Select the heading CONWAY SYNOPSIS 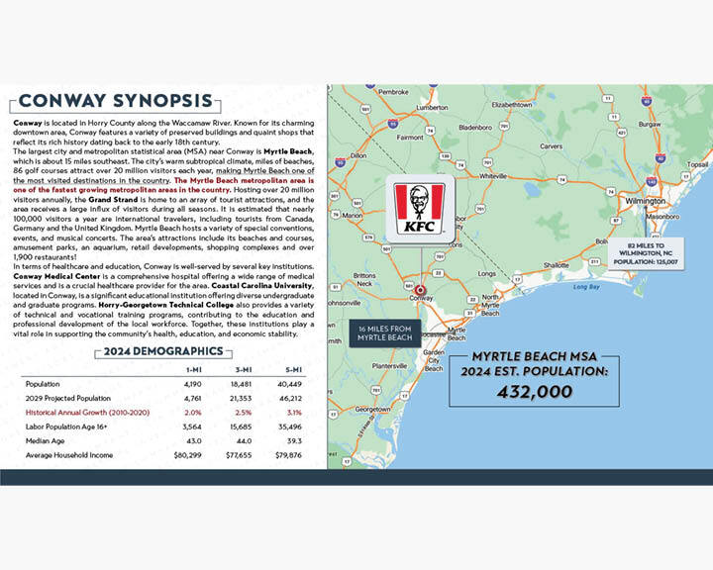tap(115, 101)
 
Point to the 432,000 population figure tap(535, 392)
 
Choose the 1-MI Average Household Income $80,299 tap(189, 454)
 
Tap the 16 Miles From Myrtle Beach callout tap(384, 332)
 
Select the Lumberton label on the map tap(433, 107)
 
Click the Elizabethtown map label tap(521, 103)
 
